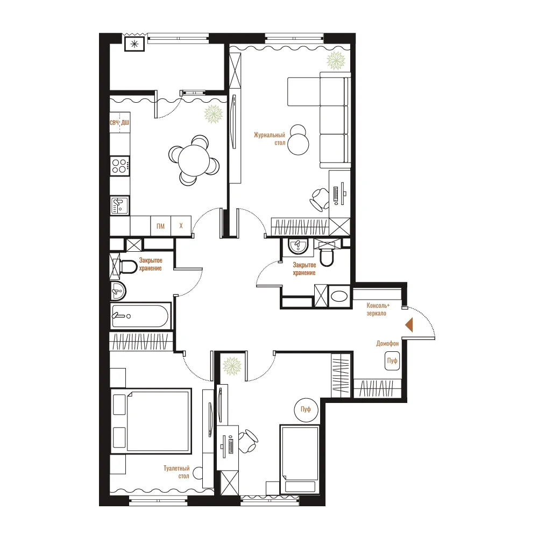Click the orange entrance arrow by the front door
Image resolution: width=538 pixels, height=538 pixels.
409,324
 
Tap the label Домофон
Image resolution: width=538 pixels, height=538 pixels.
387,343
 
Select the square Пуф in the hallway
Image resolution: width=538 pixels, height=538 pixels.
392,360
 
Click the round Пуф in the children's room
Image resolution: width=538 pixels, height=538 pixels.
306,409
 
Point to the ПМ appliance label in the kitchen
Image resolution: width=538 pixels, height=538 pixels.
160,226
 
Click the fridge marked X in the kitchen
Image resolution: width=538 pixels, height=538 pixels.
181,226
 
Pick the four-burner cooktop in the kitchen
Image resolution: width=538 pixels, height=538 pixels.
120,166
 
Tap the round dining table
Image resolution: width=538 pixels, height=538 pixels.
194,160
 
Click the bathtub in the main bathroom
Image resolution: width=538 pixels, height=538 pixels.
140,316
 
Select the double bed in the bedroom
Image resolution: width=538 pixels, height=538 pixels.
151,421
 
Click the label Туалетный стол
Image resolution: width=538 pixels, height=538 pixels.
176,472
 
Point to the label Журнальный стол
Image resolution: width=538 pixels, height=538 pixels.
270,139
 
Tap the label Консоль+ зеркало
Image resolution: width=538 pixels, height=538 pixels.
378,309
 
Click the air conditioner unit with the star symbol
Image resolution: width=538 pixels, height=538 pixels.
134,44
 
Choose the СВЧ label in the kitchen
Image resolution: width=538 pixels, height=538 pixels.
114,123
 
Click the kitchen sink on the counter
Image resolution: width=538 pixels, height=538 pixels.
119,206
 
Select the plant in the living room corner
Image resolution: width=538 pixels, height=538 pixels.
336,60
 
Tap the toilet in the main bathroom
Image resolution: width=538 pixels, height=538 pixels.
125,266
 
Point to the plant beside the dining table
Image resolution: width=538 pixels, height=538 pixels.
214,114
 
